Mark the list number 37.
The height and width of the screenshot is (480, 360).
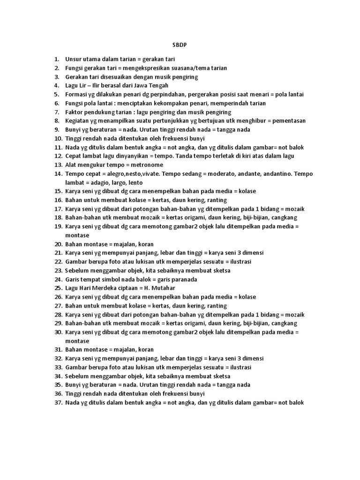pos(59,403)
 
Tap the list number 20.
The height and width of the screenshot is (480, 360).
pos(59,244)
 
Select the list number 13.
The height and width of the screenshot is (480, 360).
pos(59,165)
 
